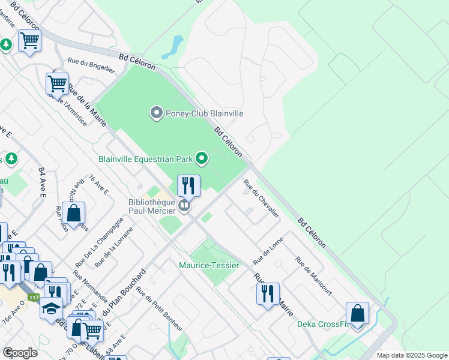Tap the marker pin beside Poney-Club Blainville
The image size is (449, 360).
tap(157, 113)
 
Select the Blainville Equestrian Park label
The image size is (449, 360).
tap(146, 159)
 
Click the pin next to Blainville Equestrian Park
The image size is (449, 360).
tap(202, 159)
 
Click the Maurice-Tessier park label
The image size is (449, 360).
tap(209, 265)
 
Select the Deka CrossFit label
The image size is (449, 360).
tap(323, 325)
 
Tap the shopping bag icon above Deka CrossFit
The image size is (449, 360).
tap(357, 313)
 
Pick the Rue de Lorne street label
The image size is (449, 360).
tap(268, 251)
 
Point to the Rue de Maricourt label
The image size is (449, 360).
tap(313, 275)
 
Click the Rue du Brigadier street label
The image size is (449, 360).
tap(91, 65)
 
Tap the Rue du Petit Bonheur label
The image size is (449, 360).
tap(158, 308)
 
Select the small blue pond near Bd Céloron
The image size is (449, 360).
tap(176, 43)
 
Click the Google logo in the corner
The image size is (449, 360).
tap(20, 353)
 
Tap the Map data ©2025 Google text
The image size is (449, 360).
tap(411, 355)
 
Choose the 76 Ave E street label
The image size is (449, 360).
tap(98, 185)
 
